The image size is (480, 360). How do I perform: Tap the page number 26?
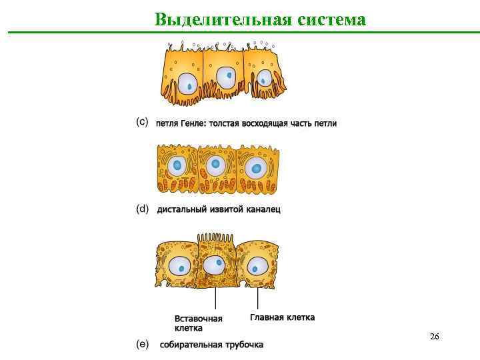[434, 336]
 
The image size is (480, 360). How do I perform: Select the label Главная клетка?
[282, 317]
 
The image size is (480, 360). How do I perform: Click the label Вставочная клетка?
[198, 323]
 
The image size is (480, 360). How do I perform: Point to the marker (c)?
[142, 123]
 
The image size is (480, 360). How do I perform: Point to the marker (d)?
[142, 209]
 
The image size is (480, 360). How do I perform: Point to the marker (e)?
[142, 344]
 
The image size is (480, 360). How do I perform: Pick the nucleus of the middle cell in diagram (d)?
[215, 165]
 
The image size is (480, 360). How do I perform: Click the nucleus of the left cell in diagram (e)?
[179, 267]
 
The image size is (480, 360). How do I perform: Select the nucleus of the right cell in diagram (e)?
[255, 267]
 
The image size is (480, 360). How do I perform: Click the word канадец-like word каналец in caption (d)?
[263, 209]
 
